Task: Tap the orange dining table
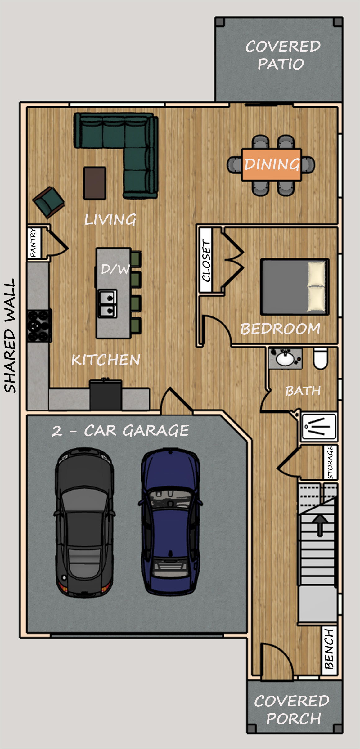(271, 165)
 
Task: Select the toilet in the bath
(321, 358)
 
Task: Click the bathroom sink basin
(285, 359)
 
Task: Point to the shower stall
(319, 427)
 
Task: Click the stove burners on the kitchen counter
(39, 325)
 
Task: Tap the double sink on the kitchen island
(108, 303)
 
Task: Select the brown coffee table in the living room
(95, 183)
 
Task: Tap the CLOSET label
(206, 260)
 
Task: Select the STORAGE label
(330, 462)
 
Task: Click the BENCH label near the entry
(329, 649)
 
